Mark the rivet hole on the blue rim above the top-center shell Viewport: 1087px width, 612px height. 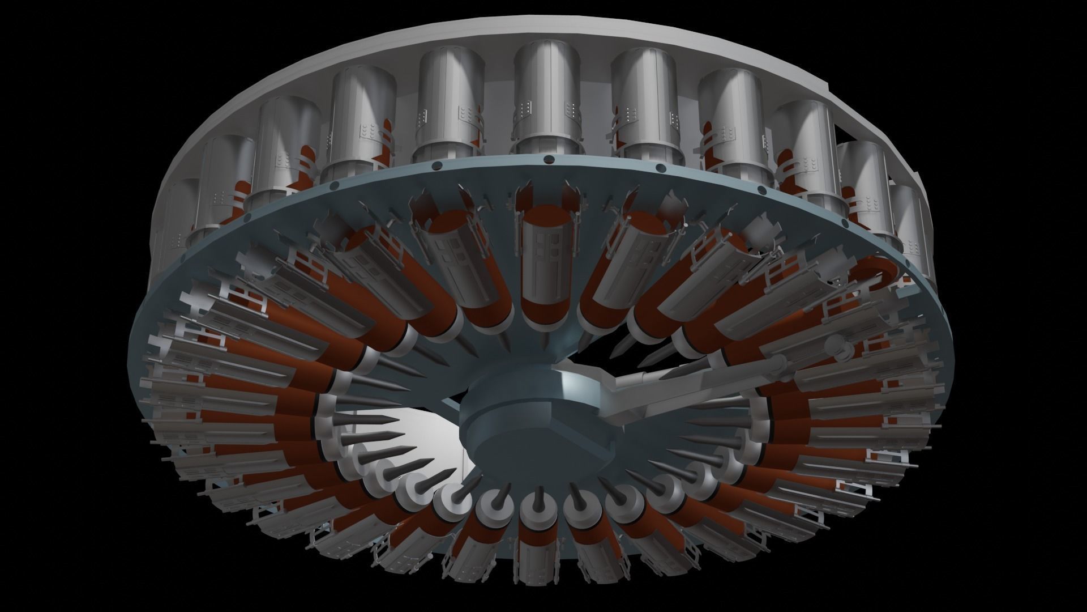click(548, 160)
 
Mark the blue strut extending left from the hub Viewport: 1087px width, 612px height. click(450, 405)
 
